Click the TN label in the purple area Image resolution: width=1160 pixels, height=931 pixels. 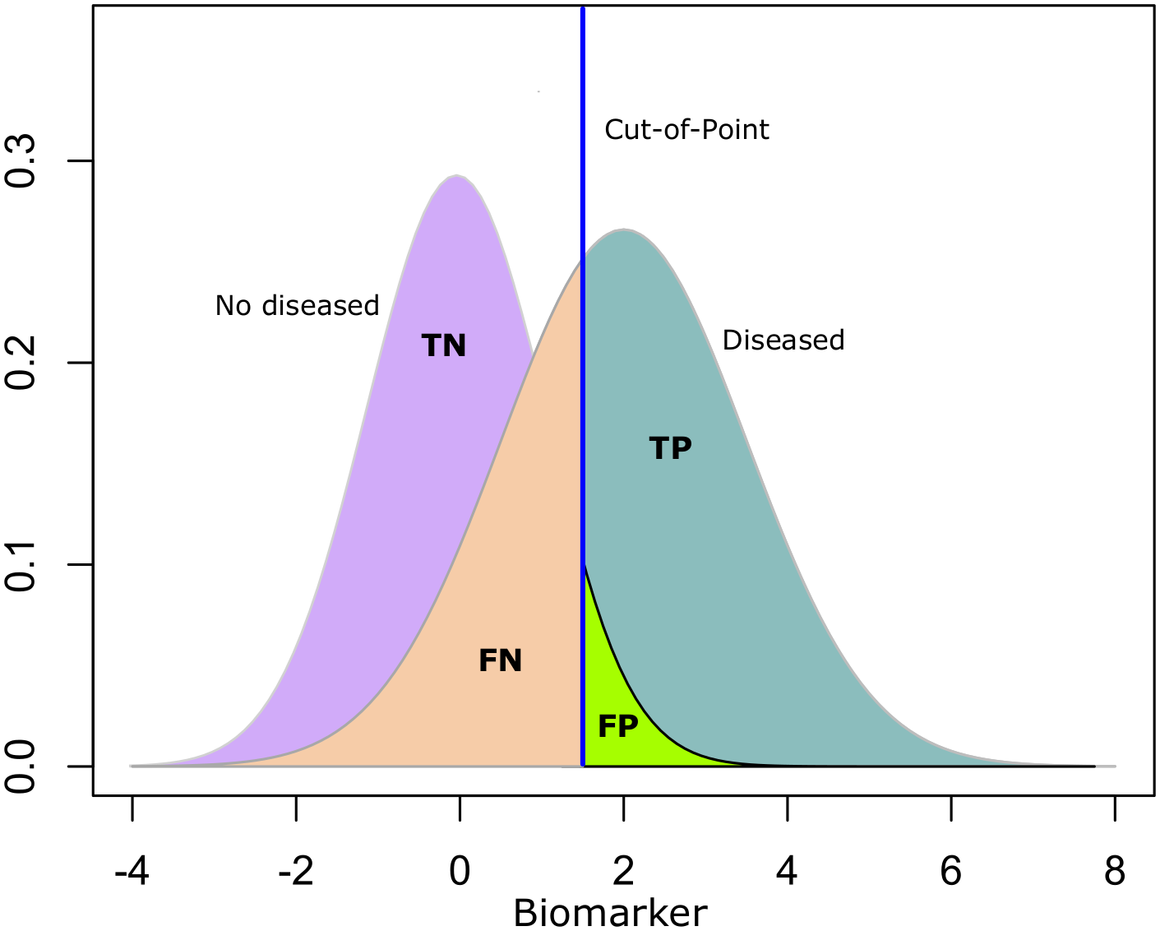443,345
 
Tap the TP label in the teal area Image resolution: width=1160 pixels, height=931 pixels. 670,447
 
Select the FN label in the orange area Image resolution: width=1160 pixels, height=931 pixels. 500,660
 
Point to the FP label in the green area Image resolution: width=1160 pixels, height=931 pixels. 617,726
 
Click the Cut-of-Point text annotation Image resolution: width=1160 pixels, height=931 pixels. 686,129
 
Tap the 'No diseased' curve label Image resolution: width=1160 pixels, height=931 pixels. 297,305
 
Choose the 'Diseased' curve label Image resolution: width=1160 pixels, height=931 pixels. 783,340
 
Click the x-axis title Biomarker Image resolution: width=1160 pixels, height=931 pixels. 610,913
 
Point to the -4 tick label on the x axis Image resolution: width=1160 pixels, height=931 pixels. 132,871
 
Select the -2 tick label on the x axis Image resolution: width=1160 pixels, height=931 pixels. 295,871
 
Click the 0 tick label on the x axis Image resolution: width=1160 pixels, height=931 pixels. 460,871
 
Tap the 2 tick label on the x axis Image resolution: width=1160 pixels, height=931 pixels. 623,871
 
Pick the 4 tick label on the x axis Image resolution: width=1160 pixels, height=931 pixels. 787,871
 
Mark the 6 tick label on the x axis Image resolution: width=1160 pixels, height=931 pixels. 951,871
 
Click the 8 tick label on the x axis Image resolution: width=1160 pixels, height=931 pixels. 1115,871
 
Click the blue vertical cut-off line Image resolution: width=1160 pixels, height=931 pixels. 583,387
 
